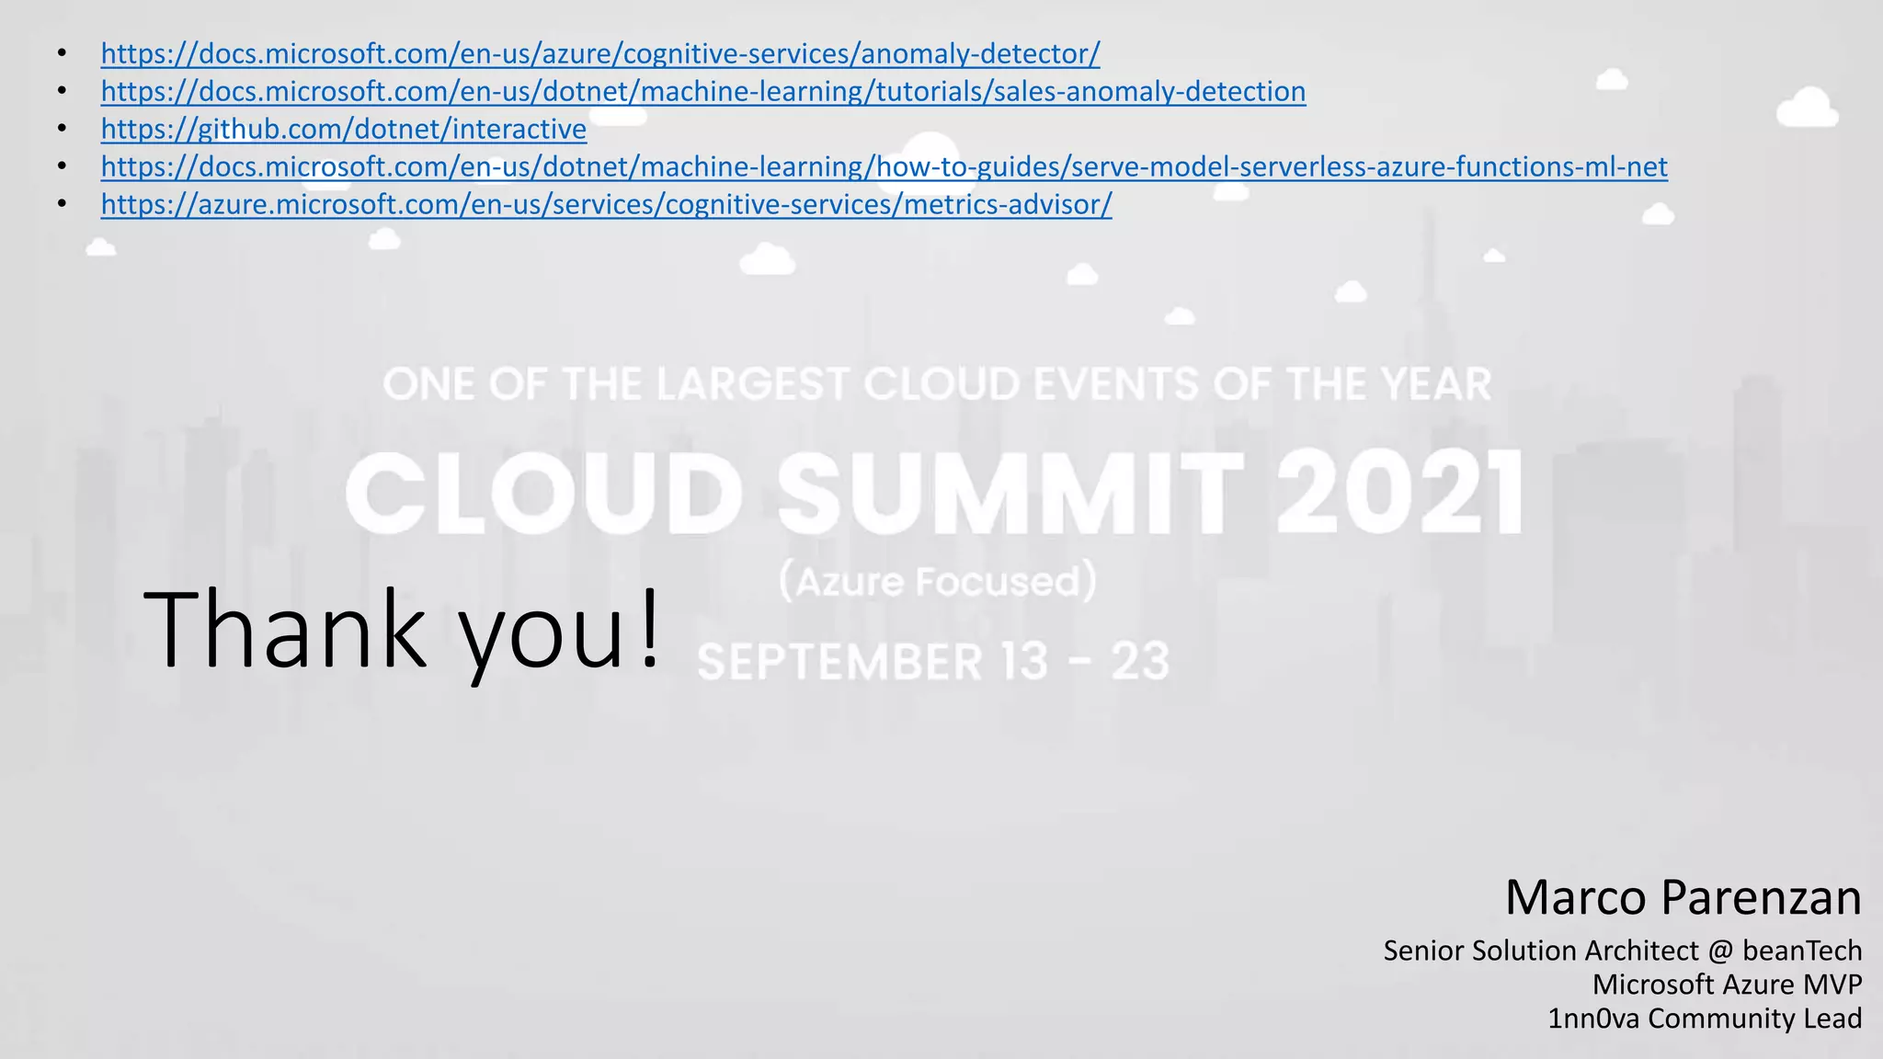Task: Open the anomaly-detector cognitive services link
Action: click(x=599, y=54)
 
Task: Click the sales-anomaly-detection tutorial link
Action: click(x=703, y=92)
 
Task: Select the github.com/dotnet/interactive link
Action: click(x=344, y=130)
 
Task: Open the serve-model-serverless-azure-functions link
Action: click(x=884, y=167)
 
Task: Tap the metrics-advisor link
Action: click(x=606, y=205)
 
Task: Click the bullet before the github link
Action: click(x=62, y=130)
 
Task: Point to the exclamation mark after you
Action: click(x=649, y=629)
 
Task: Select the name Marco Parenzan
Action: click(x=1683, y=897)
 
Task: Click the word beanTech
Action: click(x=1802, y=951)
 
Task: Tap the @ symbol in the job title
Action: click(x=1720, y=951)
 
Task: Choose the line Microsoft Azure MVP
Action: click(x=1727, y=985)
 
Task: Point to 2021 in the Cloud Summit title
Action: click(x=1399, y=493)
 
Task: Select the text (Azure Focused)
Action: click(x=938, y=582)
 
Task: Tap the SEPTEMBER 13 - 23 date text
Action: click(x=933, y=662)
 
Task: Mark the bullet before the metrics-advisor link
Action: click(x=62, y=205)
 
